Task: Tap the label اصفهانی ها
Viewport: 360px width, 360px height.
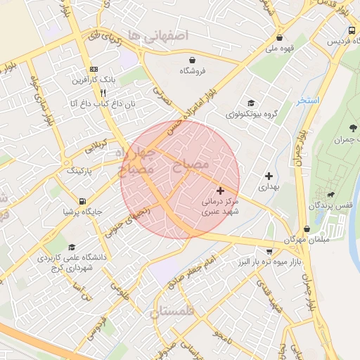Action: [167, 36]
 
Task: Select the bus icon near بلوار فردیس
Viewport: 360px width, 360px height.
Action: [352, 31]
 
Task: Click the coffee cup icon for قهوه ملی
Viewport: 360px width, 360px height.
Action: [280, 38]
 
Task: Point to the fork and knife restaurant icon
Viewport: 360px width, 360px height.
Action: [103, 92]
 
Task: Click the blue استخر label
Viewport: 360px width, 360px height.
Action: [307, 101]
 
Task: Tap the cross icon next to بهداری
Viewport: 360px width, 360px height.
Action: [269, 176]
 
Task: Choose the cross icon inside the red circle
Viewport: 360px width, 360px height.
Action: [221, 190]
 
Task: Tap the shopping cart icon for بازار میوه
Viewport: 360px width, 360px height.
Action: [269, 251]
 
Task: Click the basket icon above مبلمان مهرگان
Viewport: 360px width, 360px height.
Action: [307, 229]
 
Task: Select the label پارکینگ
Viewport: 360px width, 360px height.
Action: [79, 171]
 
